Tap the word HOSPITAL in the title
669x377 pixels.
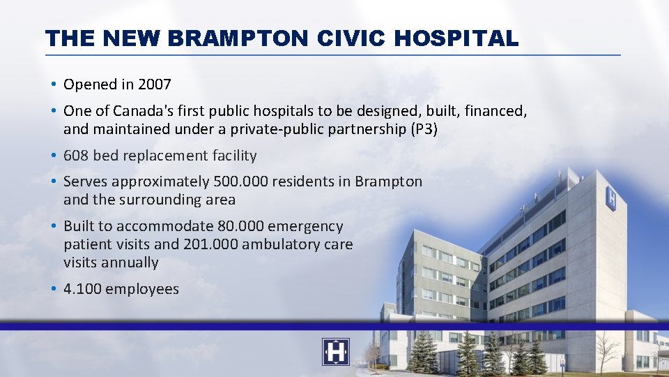tap(456, 38)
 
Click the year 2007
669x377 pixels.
tap(155, 84)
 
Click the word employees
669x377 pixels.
tap(142, 289)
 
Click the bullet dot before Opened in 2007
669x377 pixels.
tap(53, 84)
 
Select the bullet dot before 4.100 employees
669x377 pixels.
tap(53, 289)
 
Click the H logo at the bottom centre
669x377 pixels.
tap(335, 352)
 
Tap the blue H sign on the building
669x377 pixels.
tap(611, 198)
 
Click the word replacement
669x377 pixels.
tap(163, 156)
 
